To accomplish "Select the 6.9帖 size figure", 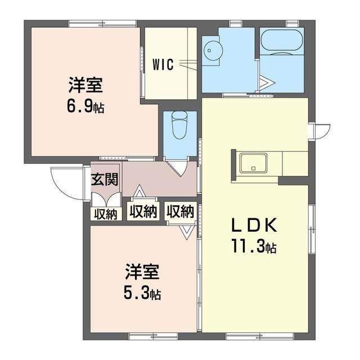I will [x=86, y=106].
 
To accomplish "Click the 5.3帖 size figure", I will [x=142, y=293].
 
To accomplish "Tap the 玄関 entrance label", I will [x=105, y=180].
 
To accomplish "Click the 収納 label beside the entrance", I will [x=105, y=214].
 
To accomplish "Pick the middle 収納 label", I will [x=143, y=211].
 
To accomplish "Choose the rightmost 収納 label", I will [x=180, y=211].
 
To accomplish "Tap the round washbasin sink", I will [x=211, y=49].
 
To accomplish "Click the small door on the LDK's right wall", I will [x=320, y=130].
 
